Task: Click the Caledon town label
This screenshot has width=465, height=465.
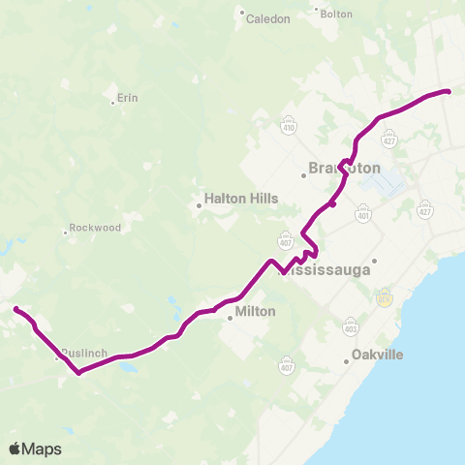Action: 267,18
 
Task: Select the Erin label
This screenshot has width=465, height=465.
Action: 128,99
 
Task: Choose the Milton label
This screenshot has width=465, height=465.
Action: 257,312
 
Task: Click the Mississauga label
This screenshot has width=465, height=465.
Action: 325,270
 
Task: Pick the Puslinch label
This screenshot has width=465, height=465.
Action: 82,354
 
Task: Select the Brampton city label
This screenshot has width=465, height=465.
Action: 345,168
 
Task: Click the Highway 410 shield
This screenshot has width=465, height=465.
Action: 289,126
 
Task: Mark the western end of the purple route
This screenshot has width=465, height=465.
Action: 15,309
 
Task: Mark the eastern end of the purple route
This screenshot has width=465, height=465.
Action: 449,91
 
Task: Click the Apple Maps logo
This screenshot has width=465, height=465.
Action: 35,449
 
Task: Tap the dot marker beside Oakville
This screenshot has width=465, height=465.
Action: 346,362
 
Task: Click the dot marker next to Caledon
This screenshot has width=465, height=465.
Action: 242,14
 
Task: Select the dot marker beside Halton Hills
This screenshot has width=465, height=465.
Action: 199,204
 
